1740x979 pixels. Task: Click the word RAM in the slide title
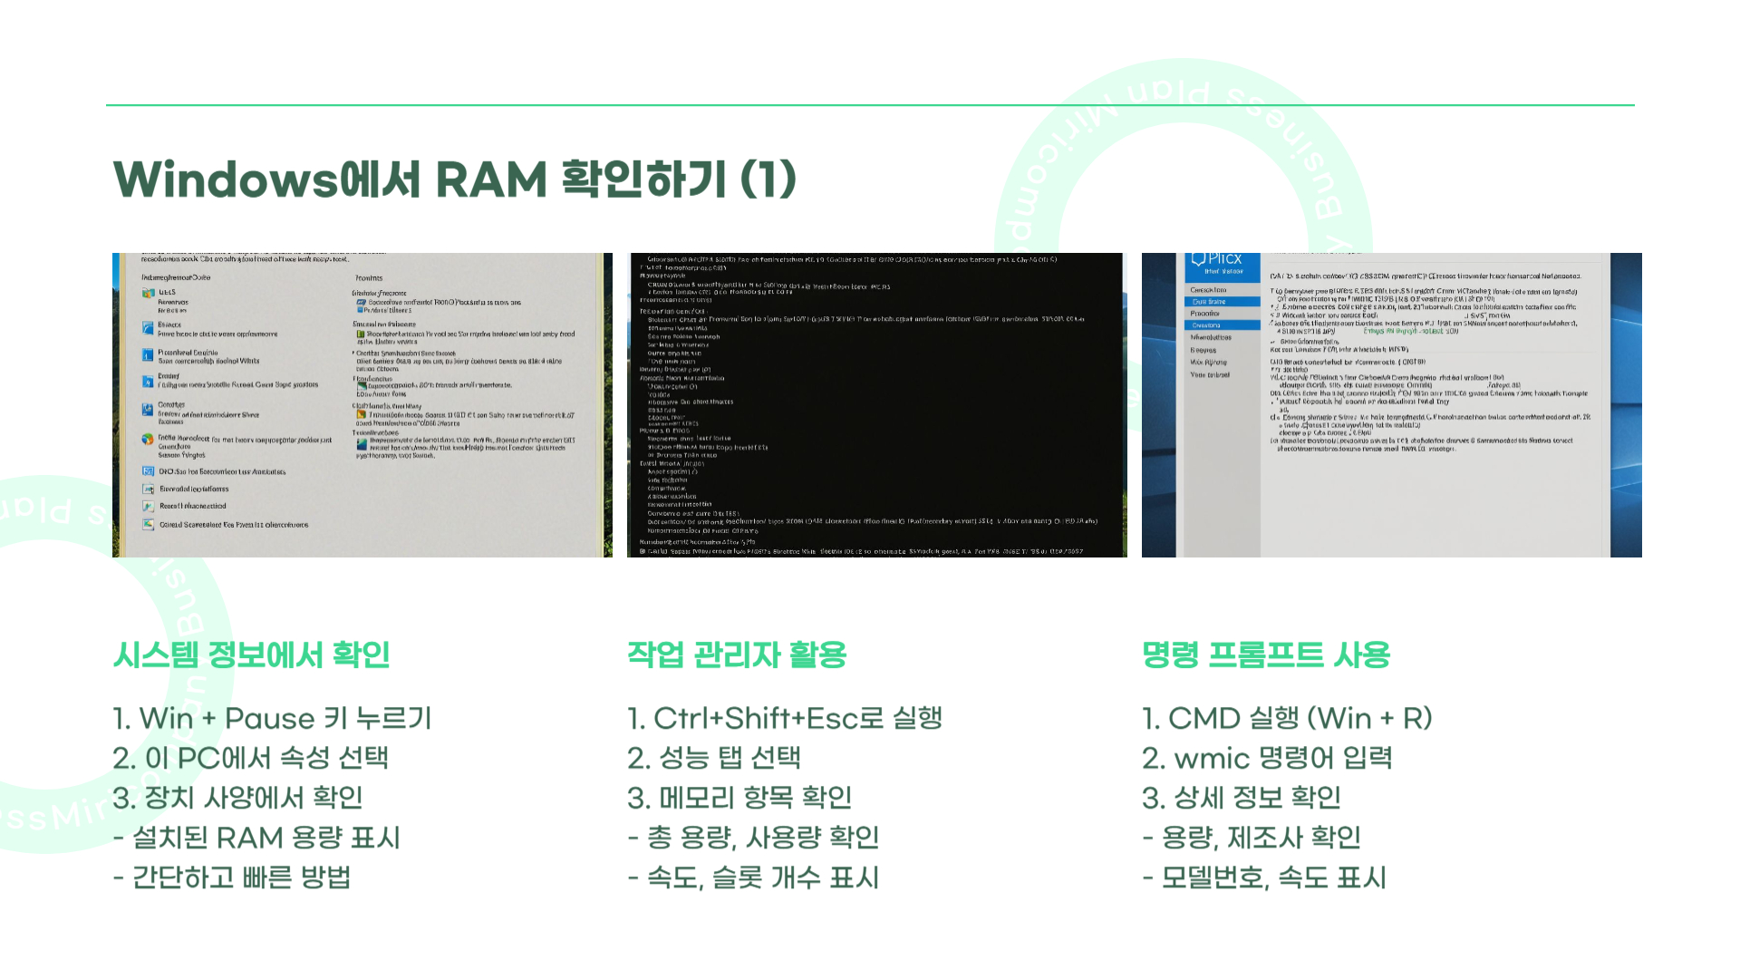[490, 179]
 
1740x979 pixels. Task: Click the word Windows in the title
[225, 179]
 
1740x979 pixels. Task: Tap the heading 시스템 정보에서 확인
[251, 654]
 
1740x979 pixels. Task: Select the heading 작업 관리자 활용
[736, 654]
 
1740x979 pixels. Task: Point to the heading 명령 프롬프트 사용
[1265, 654]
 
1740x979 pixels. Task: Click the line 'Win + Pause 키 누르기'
[272, 719]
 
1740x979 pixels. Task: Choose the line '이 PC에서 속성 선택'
[251, 758]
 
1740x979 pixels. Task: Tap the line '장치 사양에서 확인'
[237, 798]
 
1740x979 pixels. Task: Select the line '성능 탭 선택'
[714, 758]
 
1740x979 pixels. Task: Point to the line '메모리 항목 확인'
[739, 798]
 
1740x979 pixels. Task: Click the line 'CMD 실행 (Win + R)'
[1287, 719]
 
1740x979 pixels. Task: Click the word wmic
[1211, 758]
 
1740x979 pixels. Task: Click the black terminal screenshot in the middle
[876, 404]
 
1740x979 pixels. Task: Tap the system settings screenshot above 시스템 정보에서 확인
[362, 404]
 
